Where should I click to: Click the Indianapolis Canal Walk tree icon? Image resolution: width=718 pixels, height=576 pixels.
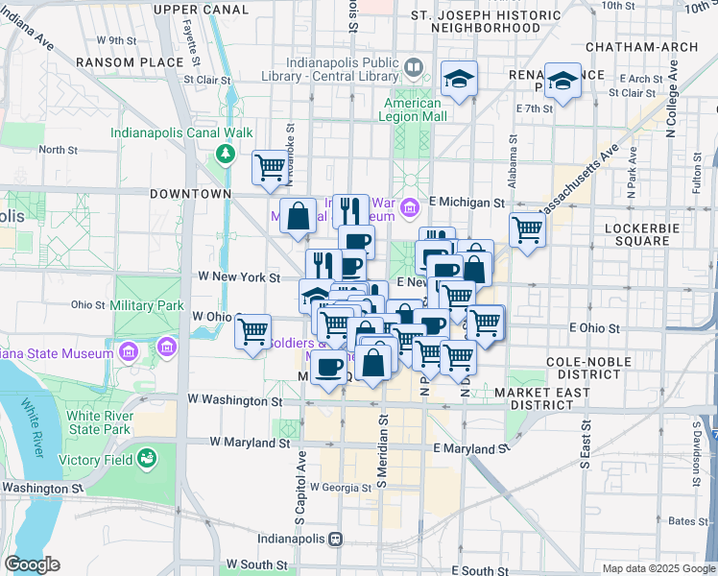226,154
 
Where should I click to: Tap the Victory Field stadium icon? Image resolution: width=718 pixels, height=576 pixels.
147,459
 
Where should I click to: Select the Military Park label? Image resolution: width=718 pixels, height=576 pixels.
146,305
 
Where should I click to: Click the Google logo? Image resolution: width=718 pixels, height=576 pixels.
32,564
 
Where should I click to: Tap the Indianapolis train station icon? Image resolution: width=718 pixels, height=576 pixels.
335,540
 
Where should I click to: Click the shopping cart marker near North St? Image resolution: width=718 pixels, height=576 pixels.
271,167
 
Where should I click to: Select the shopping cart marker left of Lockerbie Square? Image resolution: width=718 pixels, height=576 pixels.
527,229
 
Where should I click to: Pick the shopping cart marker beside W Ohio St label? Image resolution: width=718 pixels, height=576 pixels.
252,332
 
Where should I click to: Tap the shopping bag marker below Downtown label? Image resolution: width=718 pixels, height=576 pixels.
299,216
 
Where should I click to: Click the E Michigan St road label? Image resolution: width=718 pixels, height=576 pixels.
467,203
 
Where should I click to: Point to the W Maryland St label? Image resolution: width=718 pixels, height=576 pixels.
251,444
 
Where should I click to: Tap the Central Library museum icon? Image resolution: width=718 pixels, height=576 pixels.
414,68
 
